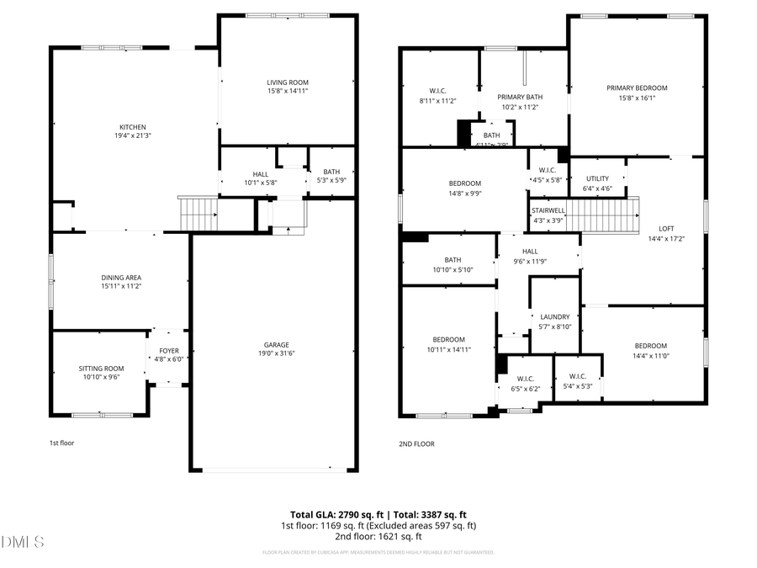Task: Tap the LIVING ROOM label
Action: tap(288, 82)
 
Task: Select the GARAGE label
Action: tap(277, 344)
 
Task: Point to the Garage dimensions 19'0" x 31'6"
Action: tap(277, 353)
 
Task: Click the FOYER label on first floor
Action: tap(169, 351)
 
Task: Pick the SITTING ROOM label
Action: tap(101, 369)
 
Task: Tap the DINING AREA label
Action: tap(121, 278)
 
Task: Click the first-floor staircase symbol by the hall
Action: tap(199, 214)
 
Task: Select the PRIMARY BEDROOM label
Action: tap(637, 88)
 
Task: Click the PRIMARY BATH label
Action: tap(520, 98)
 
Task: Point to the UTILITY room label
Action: tap(597, 178)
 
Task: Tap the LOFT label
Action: tap(666, 228)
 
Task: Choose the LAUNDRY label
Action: tap(555, 317)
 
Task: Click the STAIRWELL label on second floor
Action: tap(548, 211)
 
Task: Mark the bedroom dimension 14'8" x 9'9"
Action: tap(464, 193)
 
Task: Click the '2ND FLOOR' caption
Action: tap(416, 443)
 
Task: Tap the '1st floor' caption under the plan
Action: tap(61, 442)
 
